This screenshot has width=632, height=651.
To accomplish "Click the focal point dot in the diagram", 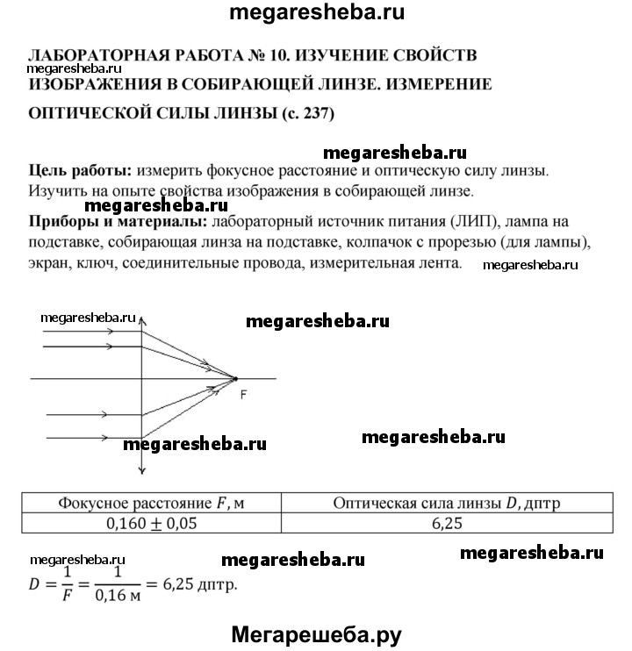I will click(x=235, y=378).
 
